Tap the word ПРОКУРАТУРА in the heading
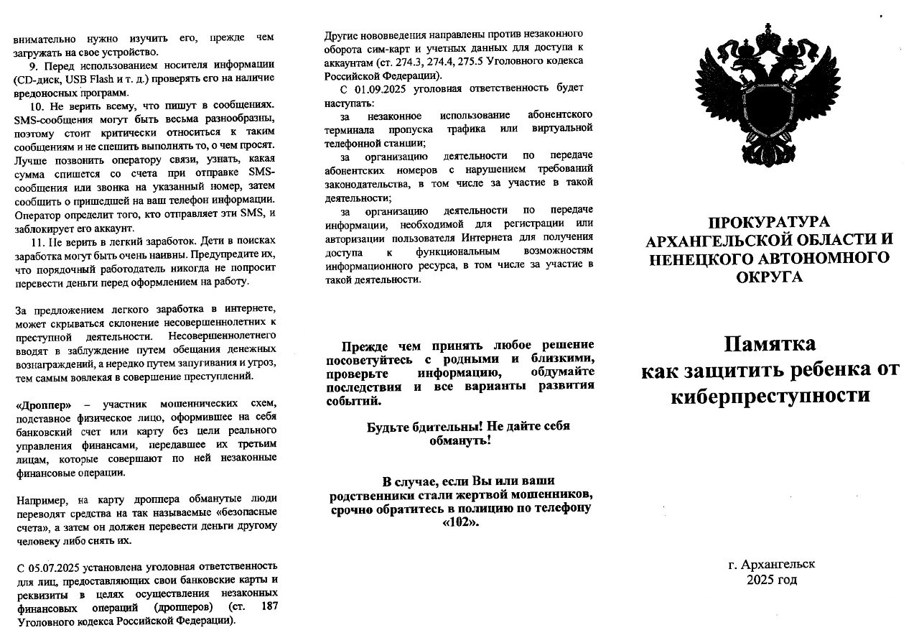[x=769, y=223]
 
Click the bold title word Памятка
[x=769, y=344]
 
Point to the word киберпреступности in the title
[x=770, y=396]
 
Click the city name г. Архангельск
[x=771, y=565]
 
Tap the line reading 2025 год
[x=771, y=580]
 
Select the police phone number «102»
[x=460, y=522]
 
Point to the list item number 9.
[x=34, y=65]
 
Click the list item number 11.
[x=37, y=241]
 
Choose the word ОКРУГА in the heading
[x=769, y=277]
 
